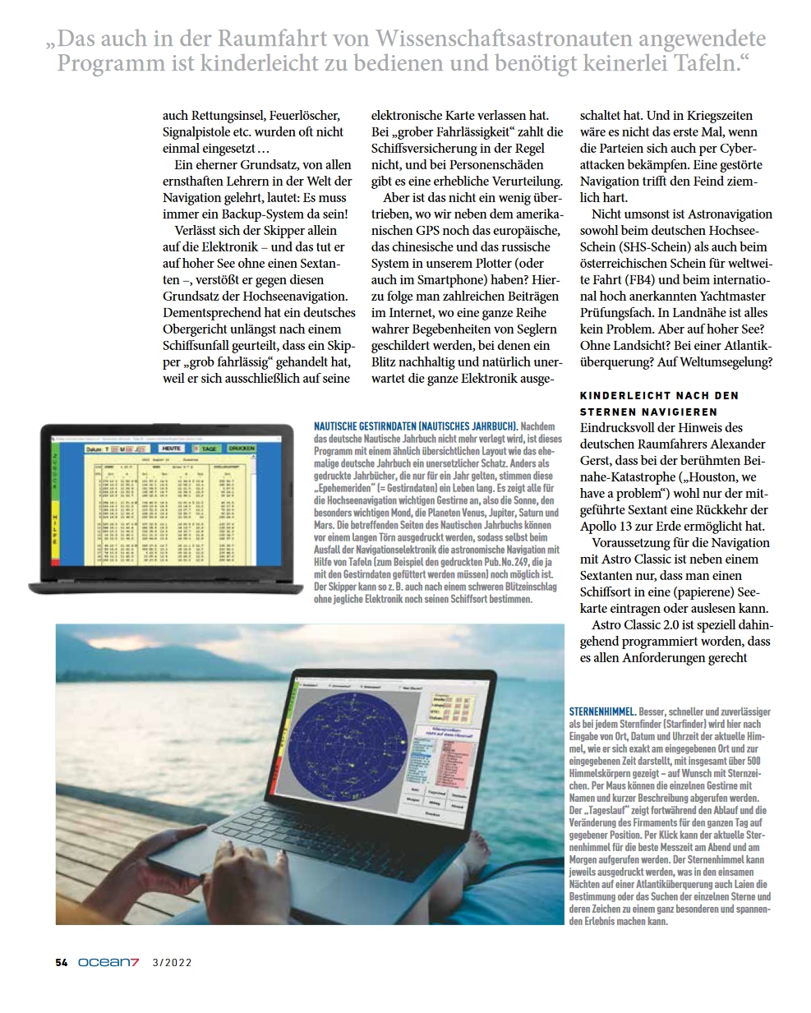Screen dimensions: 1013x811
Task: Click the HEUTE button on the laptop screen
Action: pyautogui.click(x=172, y=449)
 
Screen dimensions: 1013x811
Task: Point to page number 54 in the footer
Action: pyautogui.click(x=62, y=963)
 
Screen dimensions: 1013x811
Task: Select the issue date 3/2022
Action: pyautogui.click(x=172, y=963)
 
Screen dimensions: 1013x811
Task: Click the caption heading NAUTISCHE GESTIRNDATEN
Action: pyautogui.click(x=415, y=426)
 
